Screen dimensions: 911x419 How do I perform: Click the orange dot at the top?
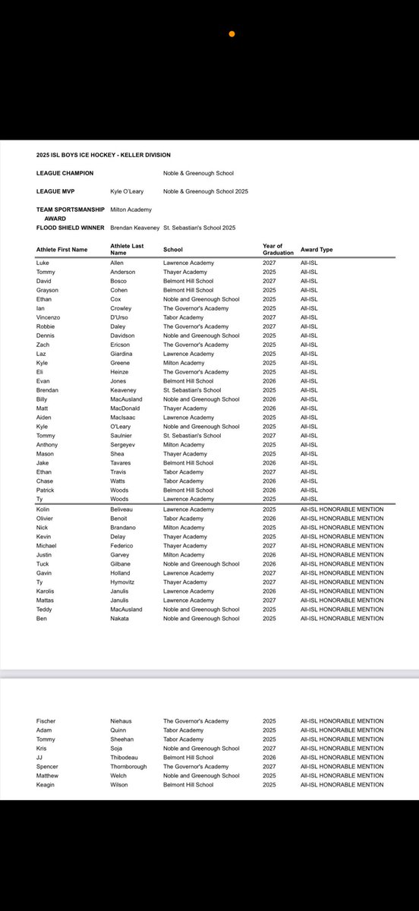point(232,33)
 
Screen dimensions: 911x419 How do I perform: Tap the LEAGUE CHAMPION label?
point(65,173)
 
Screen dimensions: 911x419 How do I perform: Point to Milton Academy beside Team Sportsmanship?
point(131,210)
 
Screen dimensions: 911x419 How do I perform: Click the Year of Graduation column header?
point(273,249)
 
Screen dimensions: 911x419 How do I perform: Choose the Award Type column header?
point(317,250)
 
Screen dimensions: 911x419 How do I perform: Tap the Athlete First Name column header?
point(61,250)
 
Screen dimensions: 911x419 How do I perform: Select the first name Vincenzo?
point(48,317)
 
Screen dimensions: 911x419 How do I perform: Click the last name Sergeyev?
point(124,445)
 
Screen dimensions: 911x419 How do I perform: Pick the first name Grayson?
point(47,290)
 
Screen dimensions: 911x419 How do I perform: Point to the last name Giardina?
point(123,354)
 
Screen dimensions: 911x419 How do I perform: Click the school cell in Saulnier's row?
point(192,436)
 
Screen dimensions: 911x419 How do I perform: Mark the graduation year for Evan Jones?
point(269,381)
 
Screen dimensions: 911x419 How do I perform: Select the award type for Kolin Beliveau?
point(342,509)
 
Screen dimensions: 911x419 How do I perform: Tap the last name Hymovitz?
point(125,582)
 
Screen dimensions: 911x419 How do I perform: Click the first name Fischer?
point(46,721)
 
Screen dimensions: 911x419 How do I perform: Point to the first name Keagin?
point(46,785)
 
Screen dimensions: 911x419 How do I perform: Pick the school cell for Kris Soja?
point(201,749)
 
